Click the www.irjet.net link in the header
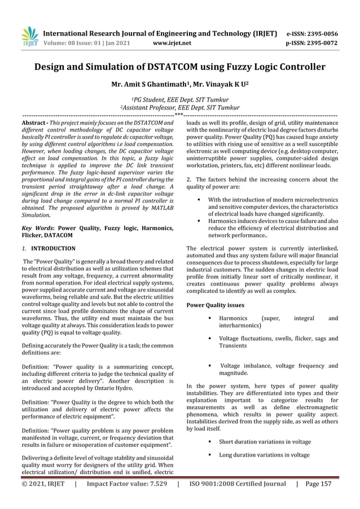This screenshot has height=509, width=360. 172,42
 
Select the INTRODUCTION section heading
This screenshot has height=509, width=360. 53,248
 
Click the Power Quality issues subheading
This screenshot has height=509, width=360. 215,305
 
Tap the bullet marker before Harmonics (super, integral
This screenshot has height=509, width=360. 210,319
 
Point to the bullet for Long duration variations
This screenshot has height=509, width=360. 210,455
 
